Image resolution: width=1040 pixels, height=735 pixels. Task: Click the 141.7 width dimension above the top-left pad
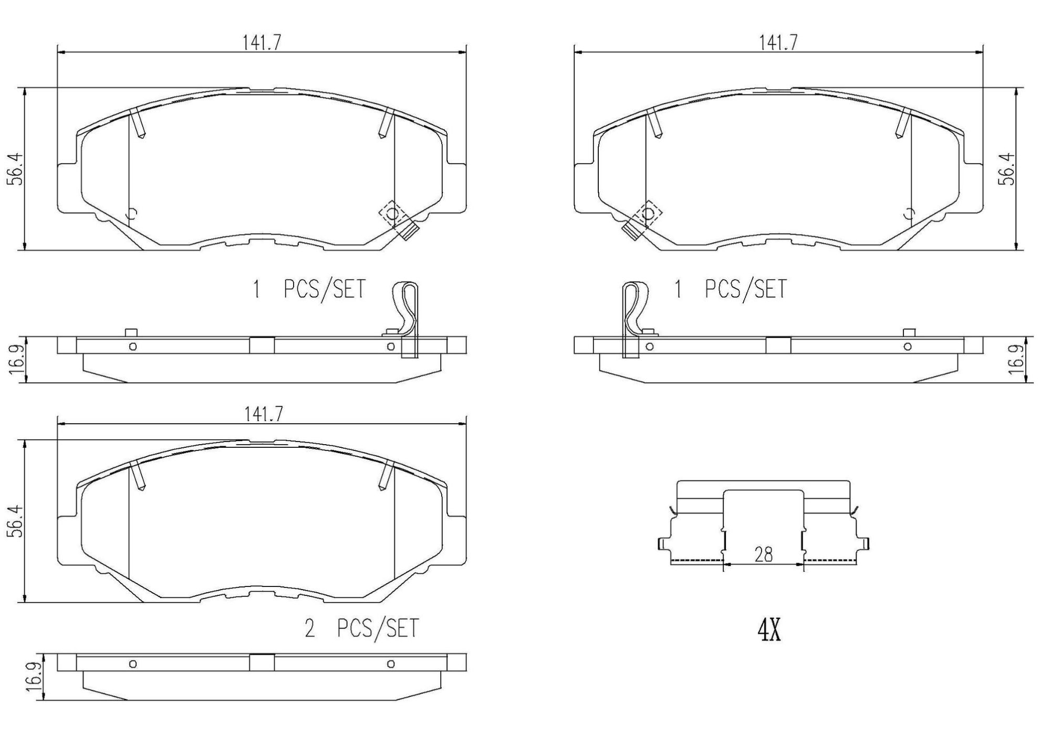point(262,43)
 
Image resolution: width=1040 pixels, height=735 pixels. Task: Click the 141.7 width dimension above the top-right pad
point(778,43)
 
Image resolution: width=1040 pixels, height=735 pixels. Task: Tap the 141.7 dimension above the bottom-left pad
point(263,414)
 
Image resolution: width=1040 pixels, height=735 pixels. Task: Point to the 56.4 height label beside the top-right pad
point(1009,169)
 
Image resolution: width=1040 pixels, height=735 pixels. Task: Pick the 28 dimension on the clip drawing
point(763,554)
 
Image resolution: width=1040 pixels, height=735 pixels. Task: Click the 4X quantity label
point(769,631)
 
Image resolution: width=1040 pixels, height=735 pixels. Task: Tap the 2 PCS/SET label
point(362,628)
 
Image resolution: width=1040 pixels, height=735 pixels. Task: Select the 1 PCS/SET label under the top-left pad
point(309,289)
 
